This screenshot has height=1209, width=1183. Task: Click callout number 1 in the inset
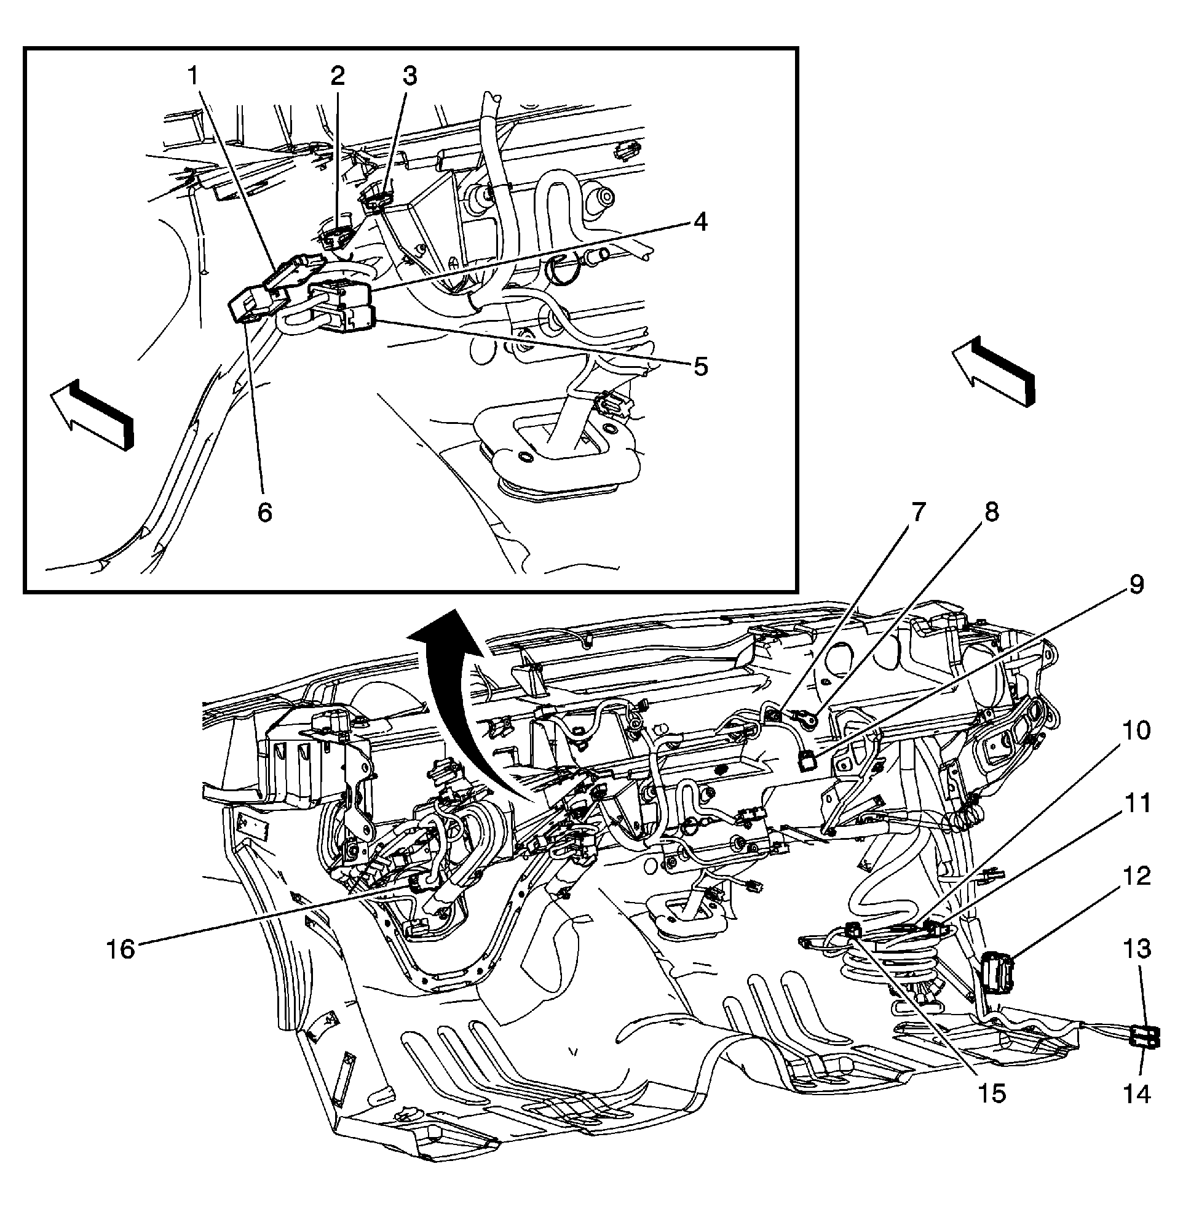194,77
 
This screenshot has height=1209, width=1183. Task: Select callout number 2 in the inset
337,77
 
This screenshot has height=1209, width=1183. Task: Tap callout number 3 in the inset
409,77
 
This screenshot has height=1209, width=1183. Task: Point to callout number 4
701,222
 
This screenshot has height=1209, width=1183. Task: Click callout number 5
701,367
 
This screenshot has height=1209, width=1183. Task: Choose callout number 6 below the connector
264,513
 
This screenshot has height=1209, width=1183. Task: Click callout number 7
919,513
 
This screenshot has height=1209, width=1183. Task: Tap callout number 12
1137,876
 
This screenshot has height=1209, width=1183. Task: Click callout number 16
121,950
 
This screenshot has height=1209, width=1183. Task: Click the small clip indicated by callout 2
337,237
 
